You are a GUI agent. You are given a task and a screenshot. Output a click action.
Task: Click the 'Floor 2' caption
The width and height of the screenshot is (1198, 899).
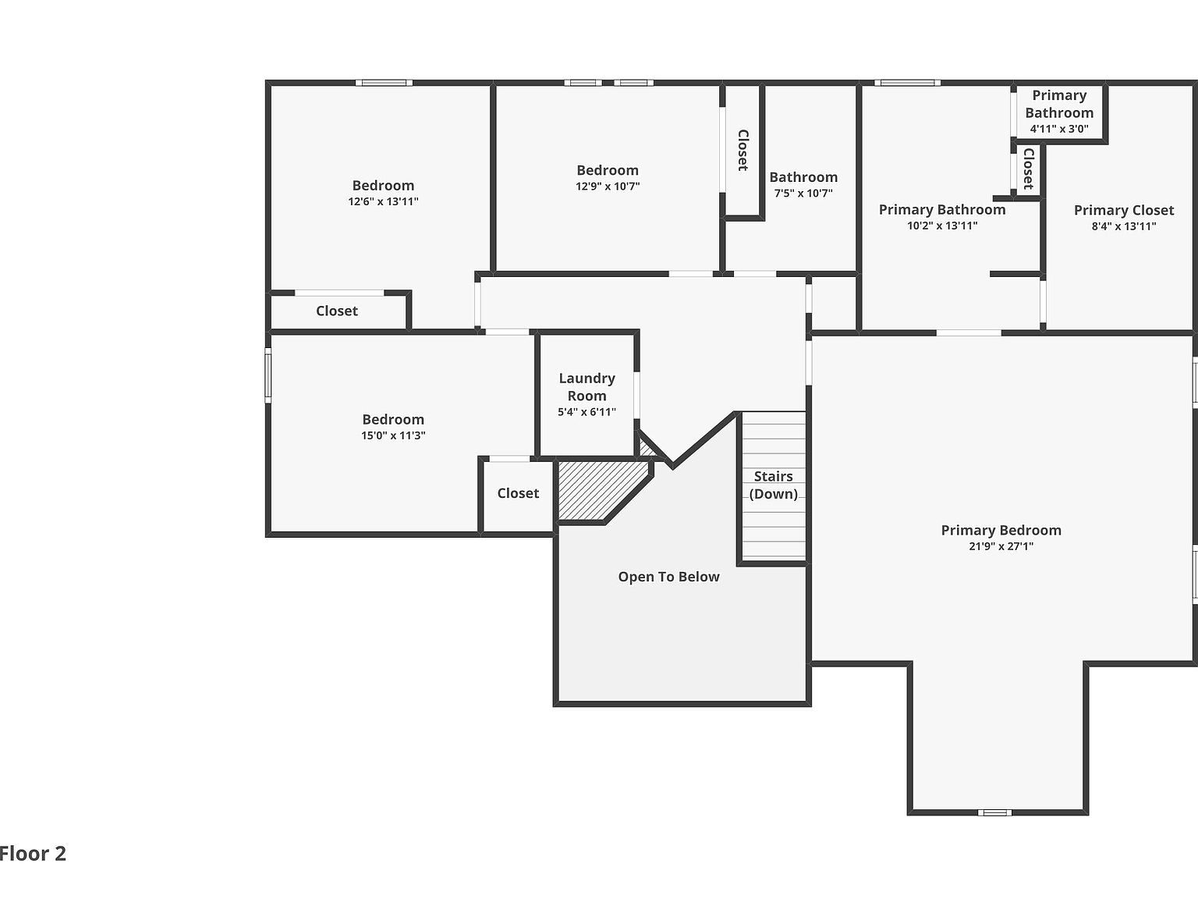click(33, 854)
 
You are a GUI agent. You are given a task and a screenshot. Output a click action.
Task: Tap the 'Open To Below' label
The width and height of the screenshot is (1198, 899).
click(668, 577)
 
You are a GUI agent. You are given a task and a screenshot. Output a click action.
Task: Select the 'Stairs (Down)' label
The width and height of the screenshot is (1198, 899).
click(773, 485)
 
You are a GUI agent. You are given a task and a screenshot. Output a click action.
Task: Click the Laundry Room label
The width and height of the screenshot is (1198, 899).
click(587, 386)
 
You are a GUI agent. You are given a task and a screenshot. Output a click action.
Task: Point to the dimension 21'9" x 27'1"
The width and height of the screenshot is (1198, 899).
click(1001, 546)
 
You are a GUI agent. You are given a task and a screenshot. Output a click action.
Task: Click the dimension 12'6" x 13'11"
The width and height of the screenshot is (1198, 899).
click(383, 201)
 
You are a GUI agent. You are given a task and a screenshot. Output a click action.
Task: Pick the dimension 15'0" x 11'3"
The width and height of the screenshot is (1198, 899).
click(393, 435)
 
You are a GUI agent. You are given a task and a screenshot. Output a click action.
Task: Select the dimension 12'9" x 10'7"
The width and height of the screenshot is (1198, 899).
click(607, 187)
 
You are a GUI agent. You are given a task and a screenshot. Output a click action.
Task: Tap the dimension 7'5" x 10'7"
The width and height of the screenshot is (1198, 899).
click(803, 194)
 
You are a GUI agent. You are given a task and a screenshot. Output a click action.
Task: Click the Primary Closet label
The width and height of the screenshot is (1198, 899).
click(1123, 210)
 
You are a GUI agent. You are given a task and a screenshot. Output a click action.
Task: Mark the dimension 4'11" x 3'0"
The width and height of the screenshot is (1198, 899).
click(1058, 129)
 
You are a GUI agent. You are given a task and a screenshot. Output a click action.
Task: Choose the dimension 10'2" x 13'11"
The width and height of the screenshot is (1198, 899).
click(941, 226)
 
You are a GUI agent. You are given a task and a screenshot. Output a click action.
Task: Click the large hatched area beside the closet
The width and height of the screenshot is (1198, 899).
click(597, 490)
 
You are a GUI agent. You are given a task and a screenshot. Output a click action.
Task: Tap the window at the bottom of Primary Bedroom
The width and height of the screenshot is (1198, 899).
click(994, 812)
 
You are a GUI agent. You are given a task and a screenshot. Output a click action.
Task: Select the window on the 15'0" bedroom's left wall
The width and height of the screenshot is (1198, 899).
click(268, 375)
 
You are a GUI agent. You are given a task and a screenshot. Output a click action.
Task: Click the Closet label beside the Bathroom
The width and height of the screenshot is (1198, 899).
click(743, 150)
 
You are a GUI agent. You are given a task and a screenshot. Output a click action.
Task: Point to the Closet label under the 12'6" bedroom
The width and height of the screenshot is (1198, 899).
click(336, 311)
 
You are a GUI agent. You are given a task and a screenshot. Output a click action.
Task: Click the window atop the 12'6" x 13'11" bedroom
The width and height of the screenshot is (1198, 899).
click(384, 83)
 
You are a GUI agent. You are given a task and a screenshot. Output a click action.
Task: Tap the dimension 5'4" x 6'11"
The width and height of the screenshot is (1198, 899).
click(587, 412)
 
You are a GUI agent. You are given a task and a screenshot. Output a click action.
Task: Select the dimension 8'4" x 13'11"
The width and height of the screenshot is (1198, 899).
click(1123, 226)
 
